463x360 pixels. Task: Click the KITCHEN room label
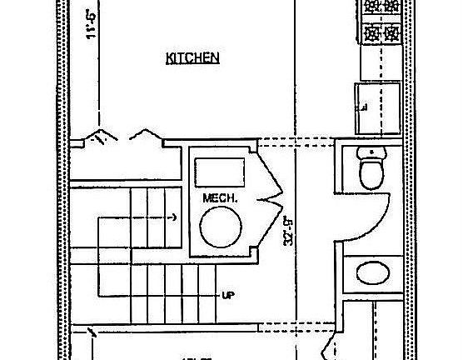[x=192, y=58]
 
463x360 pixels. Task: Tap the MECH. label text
[x=220, y=199]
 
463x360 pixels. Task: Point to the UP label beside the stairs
[x=227, y=295]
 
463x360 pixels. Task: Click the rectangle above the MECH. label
[x=219, y=172]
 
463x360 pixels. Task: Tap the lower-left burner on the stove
[x=370, y=34]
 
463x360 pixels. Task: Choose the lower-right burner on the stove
[x=391, y=34]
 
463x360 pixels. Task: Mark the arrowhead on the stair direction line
[x=174, y=217]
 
